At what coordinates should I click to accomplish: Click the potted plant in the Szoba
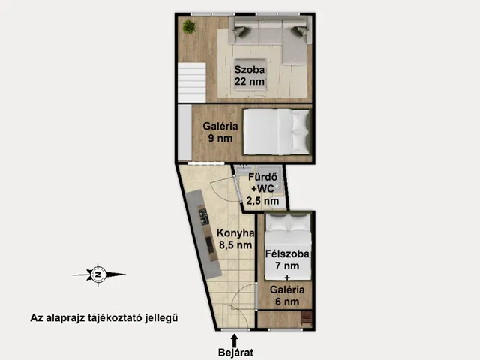click(189, 27)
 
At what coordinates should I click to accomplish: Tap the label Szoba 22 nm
click(250, 75)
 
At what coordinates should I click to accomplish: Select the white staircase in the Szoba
click(192, 82)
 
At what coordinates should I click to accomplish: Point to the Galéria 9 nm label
click(220, 132)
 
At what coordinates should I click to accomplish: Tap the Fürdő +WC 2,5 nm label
click(263, 189)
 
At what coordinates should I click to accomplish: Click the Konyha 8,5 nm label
click(235, 238)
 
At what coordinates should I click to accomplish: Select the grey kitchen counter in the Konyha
click(203, 234)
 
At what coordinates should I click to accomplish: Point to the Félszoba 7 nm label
click(287, 259)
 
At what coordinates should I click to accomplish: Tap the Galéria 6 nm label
click(287, 295)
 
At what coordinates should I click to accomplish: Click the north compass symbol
click(98, 274)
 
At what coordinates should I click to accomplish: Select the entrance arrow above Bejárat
click(235, 340)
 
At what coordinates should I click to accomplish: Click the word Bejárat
click(235, 352)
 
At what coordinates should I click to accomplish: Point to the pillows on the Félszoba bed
click(288, 223)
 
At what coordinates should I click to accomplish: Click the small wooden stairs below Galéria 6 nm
click(307, 318)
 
